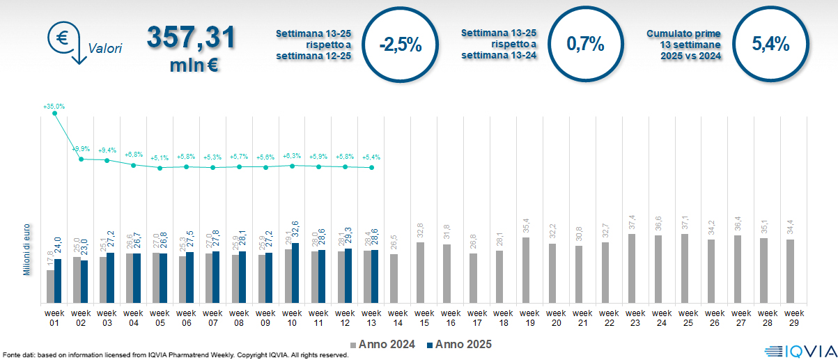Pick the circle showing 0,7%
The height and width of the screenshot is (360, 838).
(584, 45)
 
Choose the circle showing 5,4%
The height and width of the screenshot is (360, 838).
(770, 45)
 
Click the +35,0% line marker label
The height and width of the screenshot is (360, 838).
(54, 107)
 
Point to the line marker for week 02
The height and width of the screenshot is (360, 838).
(81, 159)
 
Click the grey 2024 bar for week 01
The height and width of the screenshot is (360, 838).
(50, 286)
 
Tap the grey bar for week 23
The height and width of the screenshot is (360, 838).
(631, 268)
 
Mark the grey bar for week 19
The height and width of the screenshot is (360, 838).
(525, 270)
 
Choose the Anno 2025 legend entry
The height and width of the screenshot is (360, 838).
(459, 344)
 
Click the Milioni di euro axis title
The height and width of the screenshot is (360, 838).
(26, 249)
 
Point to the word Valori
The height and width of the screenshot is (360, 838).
(105, 48)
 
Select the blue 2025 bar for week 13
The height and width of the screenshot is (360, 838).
(375, 276)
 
